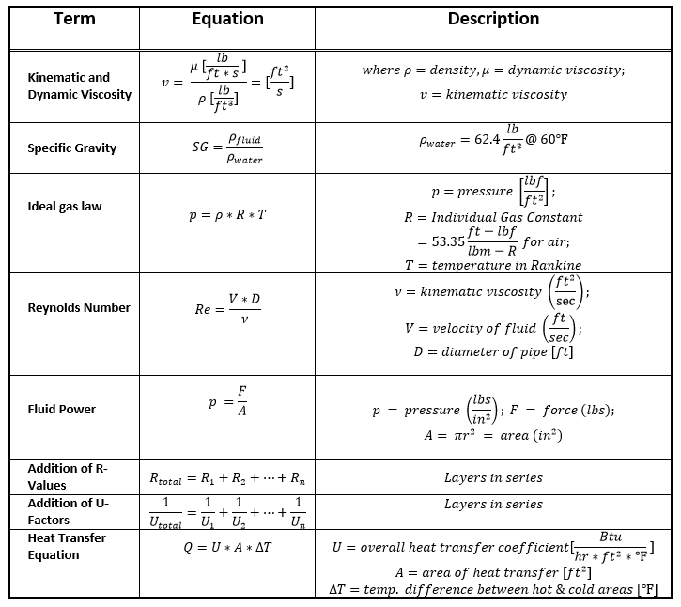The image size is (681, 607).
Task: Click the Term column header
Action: [74, 19]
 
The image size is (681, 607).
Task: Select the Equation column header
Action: [227, 19]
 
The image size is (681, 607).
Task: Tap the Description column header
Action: [493, 19]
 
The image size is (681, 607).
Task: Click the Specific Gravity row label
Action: [72, 148]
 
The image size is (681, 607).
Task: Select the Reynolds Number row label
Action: [79, 307]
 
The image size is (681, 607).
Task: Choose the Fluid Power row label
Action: [62, 409]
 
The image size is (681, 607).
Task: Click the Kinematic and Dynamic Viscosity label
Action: [80, 86]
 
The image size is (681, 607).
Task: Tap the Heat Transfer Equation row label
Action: [67, 546]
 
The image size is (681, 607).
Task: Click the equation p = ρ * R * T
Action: [227, 214]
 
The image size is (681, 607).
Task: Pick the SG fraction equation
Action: [227, 148]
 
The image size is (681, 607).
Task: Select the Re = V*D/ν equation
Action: [228, 307]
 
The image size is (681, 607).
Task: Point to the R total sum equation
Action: [227, 477]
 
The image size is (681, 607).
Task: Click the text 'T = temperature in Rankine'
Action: [493, 265]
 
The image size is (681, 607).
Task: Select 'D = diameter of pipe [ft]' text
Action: [493, 351]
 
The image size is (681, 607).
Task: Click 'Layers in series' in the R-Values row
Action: [493, 477]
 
